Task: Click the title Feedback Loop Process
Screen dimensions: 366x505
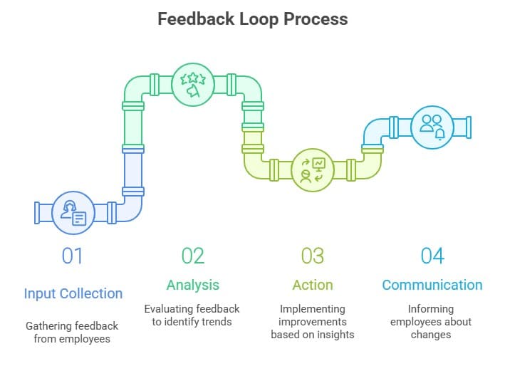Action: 253,19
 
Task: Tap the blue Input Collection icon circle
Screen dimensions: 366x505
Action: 73,212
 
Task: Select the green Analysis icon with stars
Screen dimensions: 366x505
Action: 192,85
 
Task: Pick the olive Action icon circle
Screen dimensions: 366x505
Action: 312,170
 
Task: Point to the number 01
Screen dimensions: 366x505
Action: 73,256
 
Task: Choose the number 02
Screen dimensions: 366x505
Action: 192,256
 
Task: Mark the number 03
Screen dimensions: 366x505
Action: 312,256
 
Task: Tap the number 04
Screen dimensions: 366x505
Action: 432,256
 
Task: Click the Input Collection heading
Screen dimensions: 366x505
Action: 73,293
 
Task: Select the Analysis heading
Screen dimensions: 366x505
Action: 192,285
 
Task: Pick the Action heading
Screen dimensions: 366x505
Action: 312,285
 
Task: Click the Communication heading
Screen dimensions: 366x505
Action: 432,285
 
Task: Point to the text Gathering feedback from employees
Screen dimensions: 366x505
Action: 73,332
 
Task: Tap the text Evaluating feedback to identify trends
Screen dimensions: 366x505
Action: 192,315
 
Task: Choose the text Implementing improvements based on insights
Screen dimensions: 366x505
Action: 312,322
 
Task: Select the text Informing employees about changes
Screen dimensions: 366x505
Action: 432,322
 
